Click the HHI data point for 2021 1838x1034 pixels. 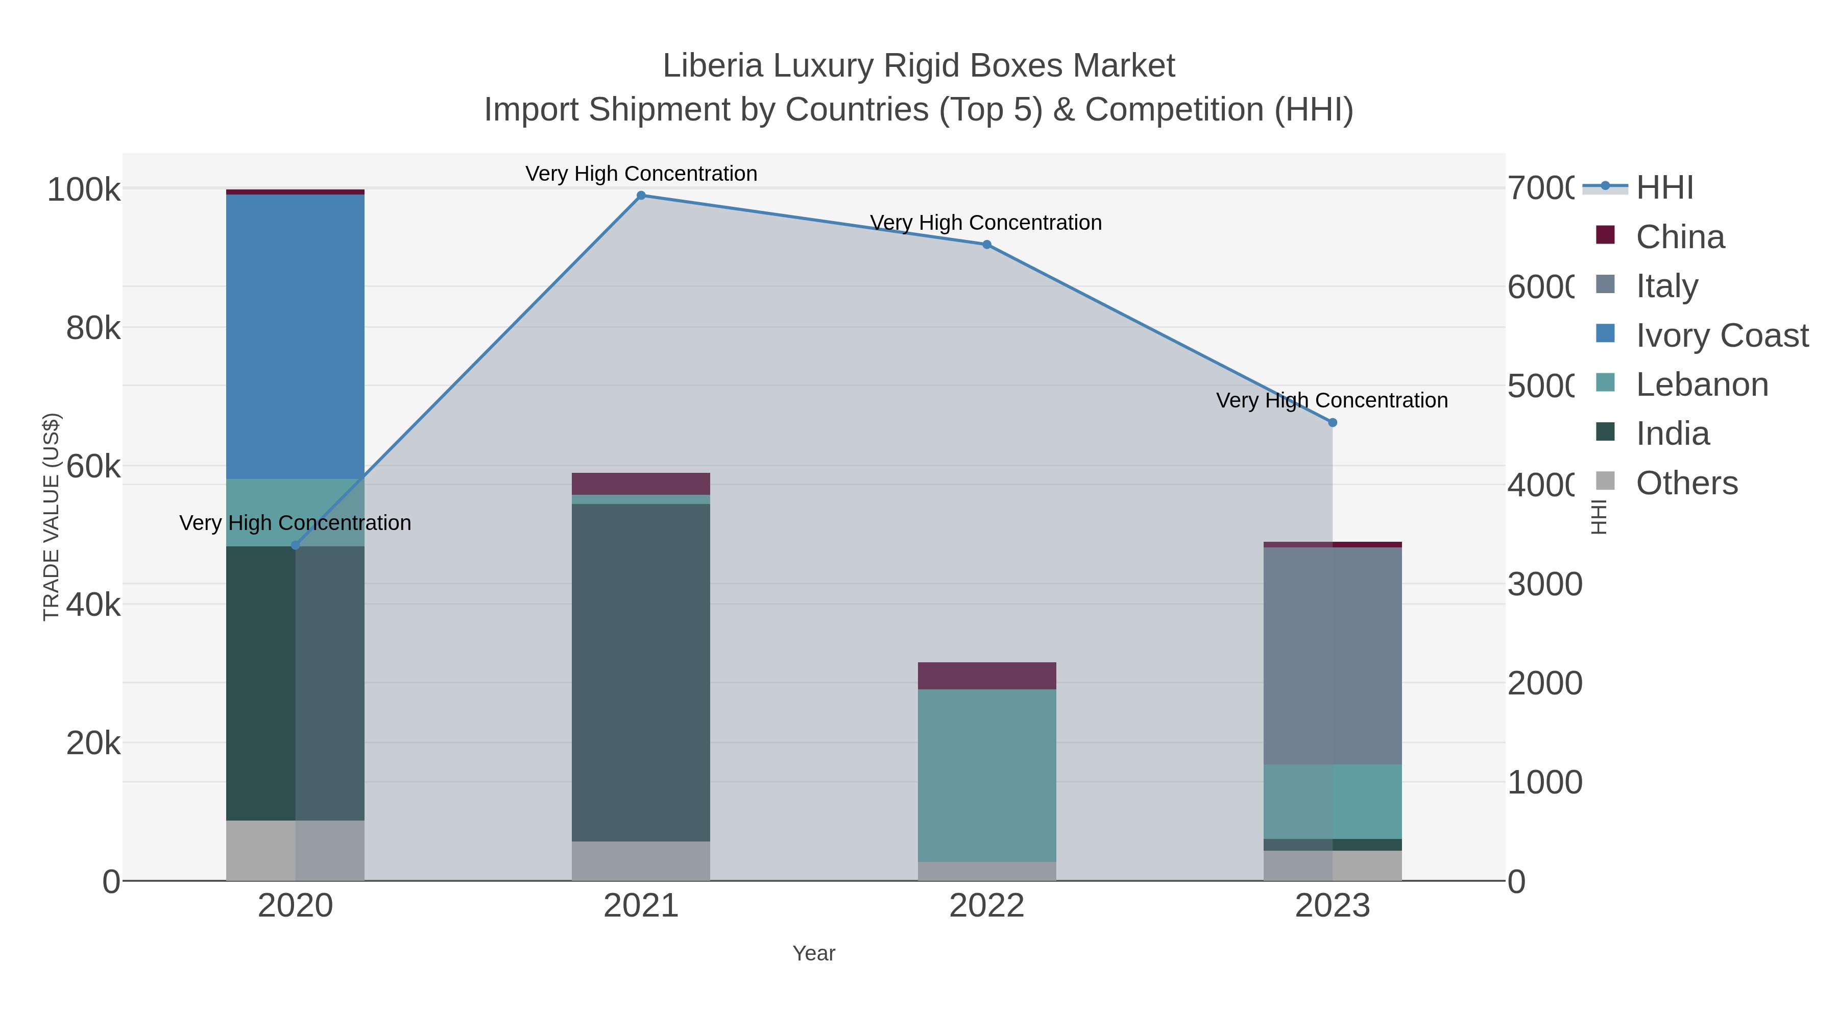[x=641, y=196]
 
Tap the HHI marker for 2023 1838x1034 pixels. [x=1332, y=422]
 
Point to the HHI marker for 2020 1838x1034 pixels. [x=296, y=546]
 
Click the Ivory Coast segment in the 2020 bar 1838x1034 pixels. [x=296, y=335]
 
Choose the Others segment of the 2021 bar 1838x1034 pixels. [x=641, y=860]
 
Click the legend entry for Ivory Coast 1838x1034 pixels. [x=1721, y=335]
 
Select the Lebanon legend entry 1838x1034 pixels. [x=1702, y=384]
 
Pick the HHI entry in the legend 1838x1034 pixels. [x=1664, y=188]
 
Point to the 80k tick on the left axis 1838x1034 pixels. [x=93, y=328]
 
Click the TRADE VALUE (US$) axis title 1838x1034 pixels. [x=52, y=517]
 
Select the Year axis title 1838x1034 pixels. [x=813, y=953]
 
